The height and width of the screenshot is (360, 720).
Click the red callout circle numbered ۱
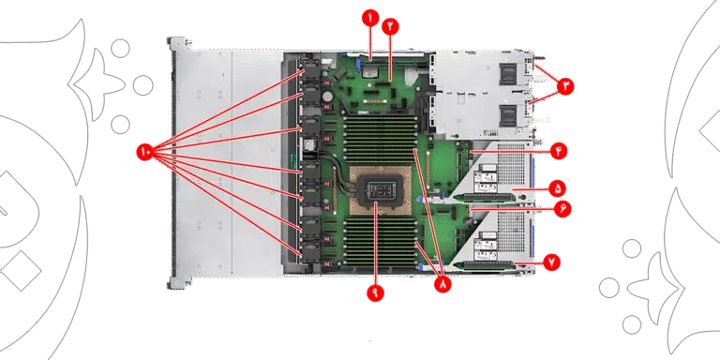click(x=370, y=19)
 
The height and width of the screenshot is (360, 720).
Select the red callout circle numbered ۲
click(x=390, y=26)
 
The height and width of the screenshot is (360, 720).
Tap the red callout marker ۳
click(x=565, y=86)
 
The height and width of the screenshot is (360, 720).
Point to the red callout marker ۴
click(x=559, y=151)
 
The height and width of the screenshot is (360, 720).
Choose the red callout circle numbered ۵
click(x=557, y=188)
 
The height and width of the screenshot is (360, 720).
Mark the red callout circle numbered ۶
click(x=562, y=209)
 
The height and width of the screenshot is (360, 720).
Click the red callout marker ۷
click(x=551, y=262)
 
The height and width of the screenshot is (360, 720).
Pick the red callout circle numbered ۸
click(x=442, y=284)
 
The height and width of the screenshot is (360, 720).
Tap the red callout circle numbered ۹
click(x=375, y=292)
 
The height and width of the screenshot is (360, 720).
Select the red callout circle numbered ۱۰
click(x=145, y=152)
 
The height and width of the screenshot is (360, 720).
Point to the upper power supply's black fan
click(x=508, y=74)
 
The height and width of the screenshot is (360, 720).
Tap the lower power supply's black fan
click(x=508, y=115)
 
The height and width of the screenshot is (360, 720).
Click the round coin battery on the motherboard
click(x=328, y=97)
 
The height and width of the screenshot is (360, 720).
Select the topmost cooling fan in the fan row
click(x=310, y=75)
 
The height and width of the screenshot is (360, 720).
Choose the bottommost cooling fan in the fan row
click(x=310, y=253)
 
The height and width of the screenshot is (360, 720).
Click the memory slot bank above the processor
click(x=382, y=140)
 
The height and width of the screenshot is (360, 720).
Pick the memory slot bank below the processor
click(x=382, y=241)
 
